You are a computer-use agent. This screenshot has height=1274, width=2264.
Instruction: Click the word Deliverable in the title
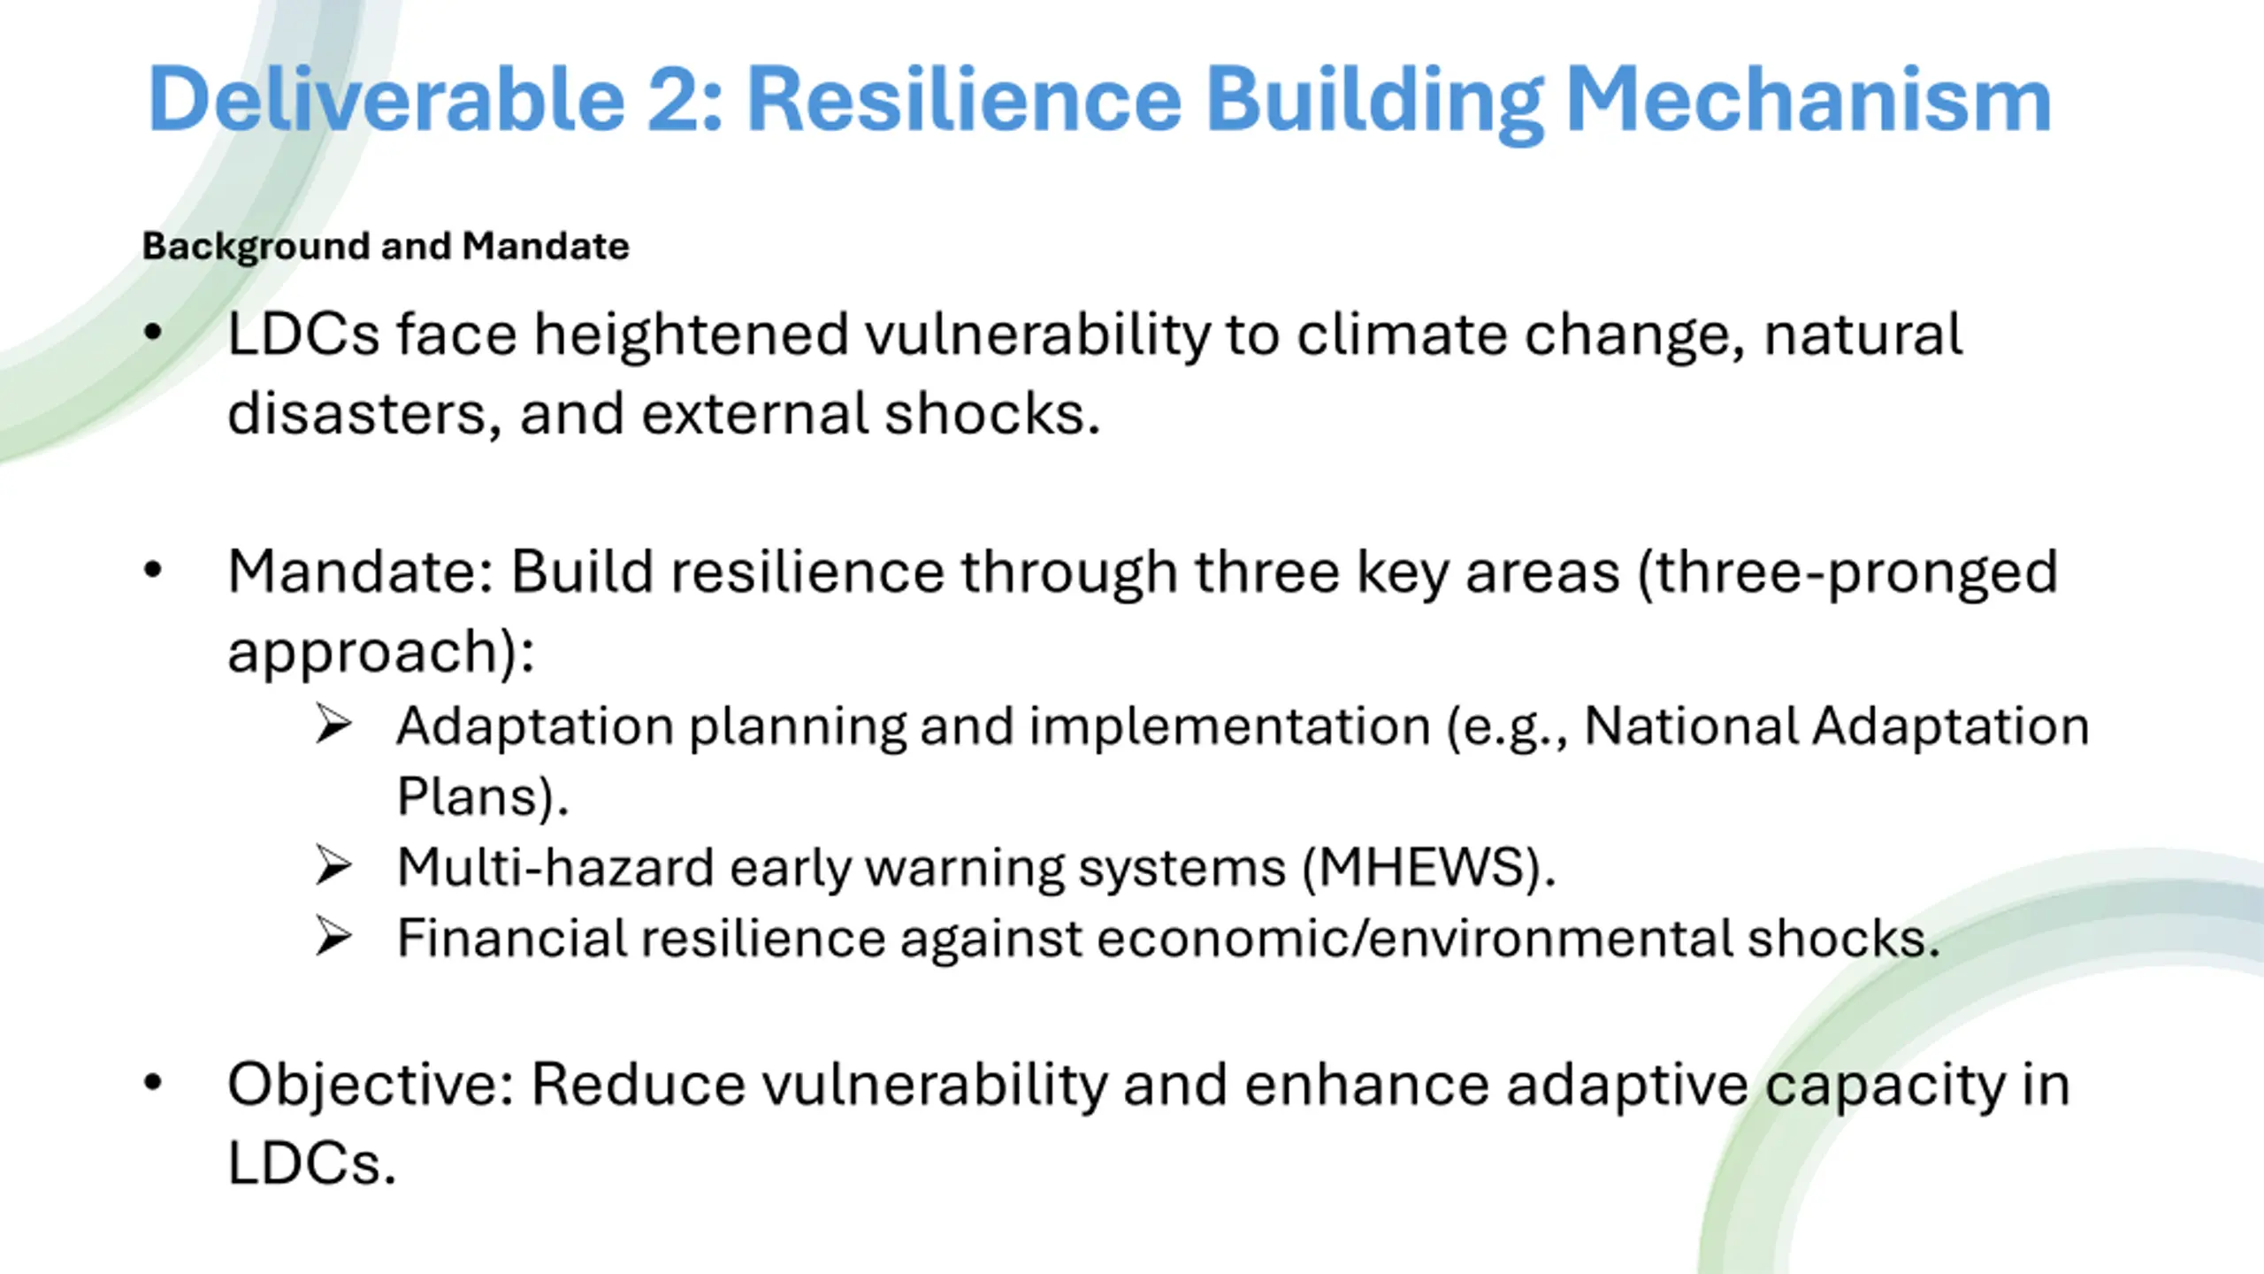(387, 99)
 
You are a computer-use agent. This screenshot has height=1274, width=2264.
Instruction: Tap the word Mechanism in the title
(1809, 99)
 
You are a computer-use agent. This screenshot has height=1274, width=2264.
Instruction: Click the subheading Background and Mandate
(386, 247)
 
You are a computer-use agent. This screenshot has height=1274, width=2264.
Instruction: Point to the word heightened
(691, 334)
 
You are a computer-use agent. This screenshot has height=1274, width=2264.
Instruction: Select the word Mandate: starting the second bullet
(360, 572)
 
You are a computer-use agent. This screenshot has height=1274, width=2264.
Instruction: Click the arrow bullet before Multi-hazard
(333, 866)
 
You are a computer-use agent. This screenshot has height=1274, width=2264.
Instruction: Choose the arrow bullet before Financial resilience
(333, 937)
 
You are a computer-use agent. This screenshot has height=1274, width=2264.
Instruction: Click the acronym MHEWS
(1426, 867)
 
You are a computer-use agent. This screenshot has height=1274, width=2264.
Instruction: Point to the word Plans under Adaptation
(468, 796)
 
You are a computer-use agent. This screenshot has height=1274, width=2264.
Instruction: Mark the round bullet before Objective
(153, 1083)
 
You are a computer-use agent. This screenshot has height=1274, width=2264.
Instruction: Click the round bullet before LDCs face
(153, 334)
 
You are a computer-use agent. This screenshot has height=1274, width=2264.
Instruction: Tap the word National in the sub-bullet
(1690, 725)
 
